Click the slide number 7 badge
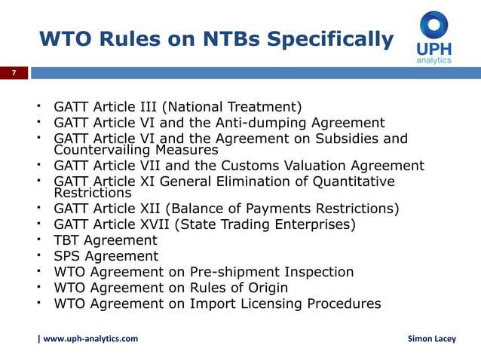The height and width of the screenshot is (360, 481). pyautogui.click(x=13, y=73)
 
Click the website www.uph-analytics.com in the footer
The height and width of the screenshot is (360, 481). pyautogui.click(x=90, y=339)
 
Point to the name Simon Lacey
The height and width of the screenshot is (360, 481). pyautogui.click(x=432, y=339)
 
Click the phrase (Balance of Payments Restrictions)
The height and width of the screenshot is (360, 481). pyautogui.click(x=295, y=209)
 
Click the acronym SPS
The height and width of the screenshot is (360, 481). pyautogui.click(x=68, y=256)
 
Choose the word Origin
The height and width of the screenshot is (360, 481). pyautogui.click(x=264, y=288)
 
